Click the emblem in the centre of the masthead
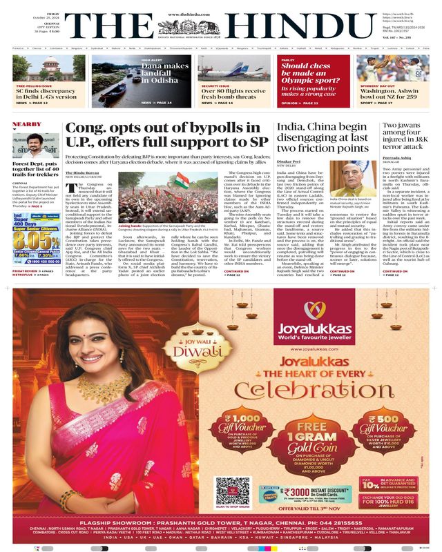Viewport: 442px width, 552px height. pyautogui.click(x=221, y=26)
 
